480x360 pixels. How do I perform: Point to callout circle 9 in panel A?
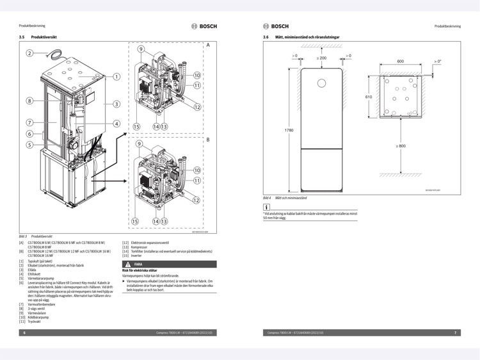141,49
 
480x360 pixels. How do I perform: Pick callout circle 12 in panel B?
197,200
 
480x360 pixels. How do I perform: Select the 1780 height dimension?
290,130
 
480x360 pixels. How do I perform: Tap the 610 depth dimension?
368,97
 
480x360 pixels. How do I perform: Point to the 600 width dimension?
400,61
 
